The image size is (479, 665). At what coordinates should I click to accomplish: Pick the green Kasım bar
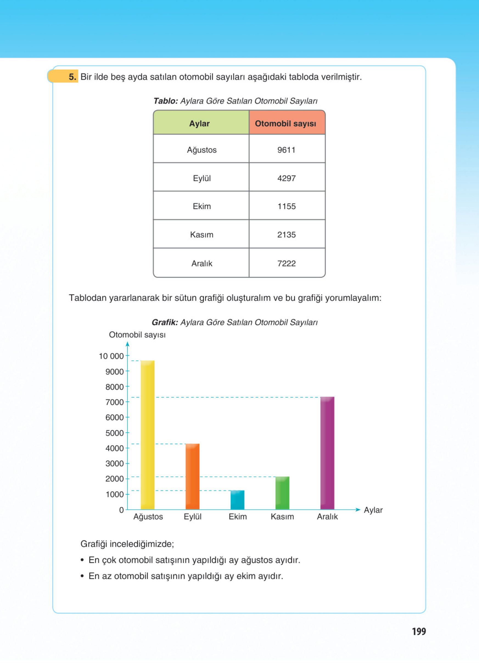pos(282,493)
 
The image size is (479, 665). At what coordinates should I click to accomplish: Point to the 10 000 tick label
pos(111,356)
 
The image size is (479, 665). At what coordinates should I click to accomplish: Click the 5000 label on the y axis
pos(114,433)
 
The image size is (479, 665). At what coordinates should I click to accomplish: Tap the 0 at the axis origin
pos(121,510)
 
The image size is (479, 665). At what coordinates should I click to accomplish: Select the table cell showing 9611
pos(287,150)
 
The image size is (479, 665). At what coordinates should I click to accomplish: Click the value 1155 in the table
pos(287,206)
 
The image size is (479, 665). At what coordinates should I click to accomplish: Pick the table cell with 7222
pos(287,263)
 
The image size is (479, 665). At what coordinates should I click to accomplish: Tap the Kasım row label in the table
pos(201,235)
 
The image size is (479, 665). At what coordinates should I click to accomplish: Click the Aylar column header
pos(200,123)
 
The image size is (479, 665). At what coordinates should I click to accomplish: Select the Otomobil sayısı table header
pos(285,123)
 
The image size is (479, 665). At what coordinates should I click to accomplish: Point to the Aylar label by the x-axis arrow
pos(373,510)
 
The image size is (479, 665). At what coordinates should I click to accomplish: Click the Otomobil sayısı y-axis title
pos(137,335)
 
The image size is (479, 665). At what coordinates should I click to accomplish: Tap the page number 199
pos(419,631)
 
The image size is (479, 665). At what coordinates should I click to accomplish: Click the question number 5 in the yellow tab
pos(72,77)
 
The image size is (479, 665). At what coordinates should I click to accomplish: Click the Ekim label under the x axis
pos(238,517)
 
